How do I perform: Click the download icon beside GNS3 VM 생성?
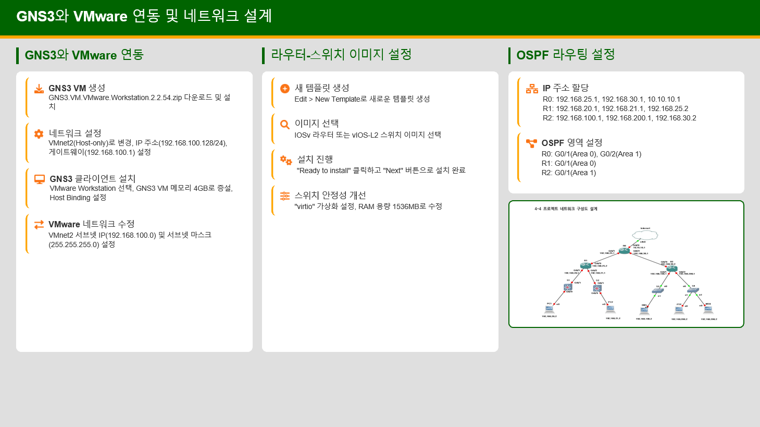tap(39, 89)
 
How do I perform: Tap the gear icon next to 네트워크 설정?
tap(39, 134)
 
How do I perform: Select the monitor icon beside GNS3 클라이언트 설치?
tap(40, 179)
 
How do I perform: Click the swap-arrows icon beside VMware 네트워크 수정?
tap(39, 225)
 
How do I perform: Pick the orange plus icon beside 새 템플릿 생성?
tap(285, 89)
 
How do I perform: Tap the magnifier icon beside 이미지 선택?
tap(285, 124)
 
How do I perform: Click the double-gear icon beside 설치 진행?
tap(286, 160)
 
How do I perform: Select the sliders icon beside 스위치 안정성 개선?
tap(285, 196)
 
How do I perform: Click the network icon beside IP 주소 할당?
tap(532, 89)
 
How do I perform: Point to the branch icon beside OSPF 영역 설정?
tap(531, 143)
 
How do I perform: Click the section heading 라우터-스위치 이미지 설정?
tap(341, 55)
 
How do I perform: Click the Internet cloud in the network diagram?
tap(645, 235)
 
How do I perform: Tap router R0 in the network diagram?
tap(624, 251)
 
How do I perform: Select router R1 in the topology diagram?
tap(585, 266)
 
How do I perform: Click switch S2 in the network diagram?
tap(597, 288)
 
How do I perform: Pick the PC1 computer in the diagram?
tap(549, 310)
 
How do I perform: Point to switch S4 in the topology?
tap(693, 290)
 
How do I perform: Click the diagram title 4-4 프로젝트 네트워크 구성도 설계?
tap(566, 209)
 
